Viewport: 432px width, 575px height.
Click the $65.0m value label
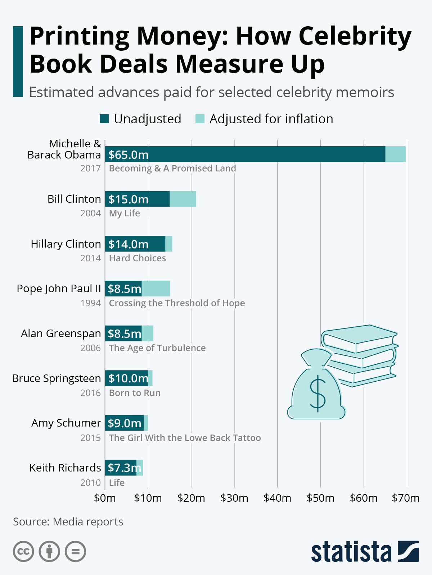pyautogui.click(x=129, y=155)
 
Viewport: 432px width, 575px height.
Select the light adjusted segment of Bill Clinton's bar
pyautogui.click(x=183, y=199)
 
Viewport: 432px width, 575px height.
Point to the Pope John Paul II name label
pyautogui.click(x=59, y=289)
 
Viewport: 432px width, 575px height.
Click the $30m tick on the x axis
pyautogui.click(x=234, y=498)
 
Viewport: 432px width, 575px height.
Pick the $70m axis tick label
pyautogui.click(x=406, y=498)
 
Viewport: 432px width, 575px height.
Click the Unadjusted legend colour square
pyautogui.click(x=104, y=119)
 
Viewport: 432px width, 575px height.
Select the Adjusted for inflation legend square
pyautogui.click(x=200, y=119)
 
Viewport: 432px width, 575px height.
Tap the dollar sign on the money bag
pyautogui.click(x=318, y=394)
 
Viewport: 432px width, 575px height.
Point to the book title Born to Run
pyautogui.click(x=135, y=393)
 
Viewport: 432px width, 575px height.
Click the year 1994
pyautogui.click(x=90, y=303)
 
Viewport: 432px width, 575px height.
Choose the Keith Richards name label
pyautogui.click(x=65, y=468)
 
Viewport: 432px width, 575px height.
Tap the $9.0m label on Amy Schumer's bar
pyautogui.click(x=125, y=423)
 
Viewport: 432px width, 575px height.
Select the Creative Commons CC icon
pyautogui.click(x=23, y=551)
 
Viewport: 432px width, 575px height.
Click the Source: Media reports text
pyautogui.click(x=68, y=522)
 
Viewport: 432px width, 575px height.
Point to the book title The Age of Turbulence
pyautogui.click(x=157, y=348)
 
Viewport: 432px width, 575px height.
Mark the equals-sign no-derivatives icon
pyautogui.click(x=75, y=551)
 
